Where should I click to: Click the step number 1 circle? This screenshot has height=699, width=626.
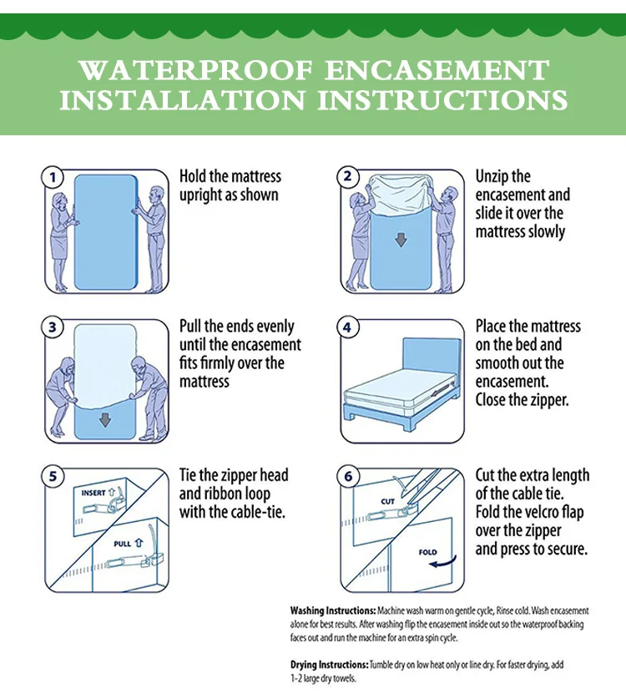[x=53, y=177]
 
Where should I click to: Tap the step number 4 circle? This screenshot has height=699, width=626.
[x=347, y=327]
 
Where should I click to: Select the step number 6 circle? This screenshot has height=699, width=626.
[x=347, y=477]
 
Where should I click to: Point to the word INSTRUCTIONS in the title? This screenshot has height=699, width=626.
[x=442, y=99]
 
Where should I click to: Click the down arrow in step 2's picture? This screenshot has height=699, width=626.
[x=401, y=241]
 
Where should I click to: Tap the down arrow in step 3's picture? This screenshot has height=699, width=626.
[x=105, y=419]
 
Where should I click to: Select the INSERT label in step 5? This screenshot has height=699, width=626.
[x=93, y=493]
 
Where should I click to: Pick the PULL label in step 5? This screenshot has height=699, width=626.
[x=122, y=544]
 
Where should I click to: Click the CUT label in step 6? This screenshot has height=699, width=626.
[x=387, y=502]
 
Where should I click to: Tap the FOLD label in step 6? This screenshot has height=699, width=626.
[x=427, y=552]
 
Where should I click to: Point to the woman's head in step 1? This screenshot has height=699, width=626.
[x=59, y=200]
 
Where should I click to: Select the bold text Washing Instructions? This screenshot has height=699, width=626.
[x=333, y=610]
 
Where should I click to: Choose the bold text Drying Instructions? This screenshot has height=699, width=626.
[x=329, y=665]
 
